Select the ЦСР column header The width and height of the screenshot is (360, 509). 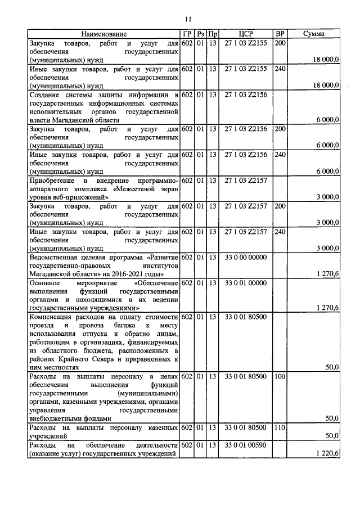point(245,34)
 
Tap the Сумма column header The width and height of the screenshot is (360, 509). point(313,34)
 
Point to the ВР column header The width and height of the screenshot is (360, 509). point(280,34)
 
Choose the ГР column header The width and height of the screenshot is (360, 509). point(187,34)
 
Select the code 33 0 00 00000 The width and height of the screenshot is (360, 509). point(245,257)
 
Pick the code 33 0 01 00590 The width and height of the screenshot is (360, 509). point(245,445)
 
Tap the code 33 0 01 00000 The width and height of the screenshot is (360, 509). point(245,283)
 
